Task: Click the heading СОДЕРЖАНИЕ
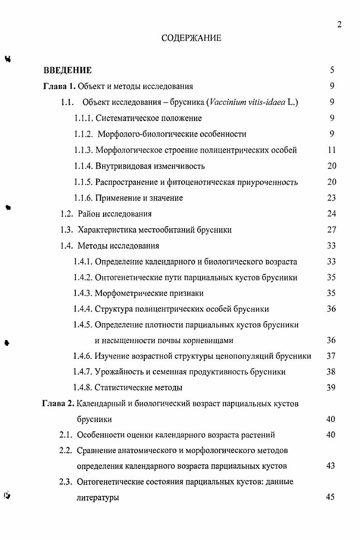(x=191, y=38)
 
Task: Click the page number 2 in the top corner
(x=339, y=24)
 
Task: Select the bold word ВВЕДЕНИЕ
(x=68, y=70)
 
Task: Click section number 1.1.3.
(x=83, y=150)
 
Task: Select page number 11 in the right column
(x=332, y=150)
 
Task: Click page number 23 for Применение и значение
(x=332, y=198)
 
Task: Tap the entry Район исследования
(x=114, y=214)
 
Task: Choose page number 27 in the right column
(x=332, y=230)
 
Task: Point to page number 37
(x=331, y=356)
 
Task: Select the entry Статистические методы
(x=138, y=388)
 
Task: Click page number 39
(x=331, y=388)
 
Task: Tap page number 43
(x=331, y=466)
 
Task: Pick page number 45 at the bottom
(x=330, y=498)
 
